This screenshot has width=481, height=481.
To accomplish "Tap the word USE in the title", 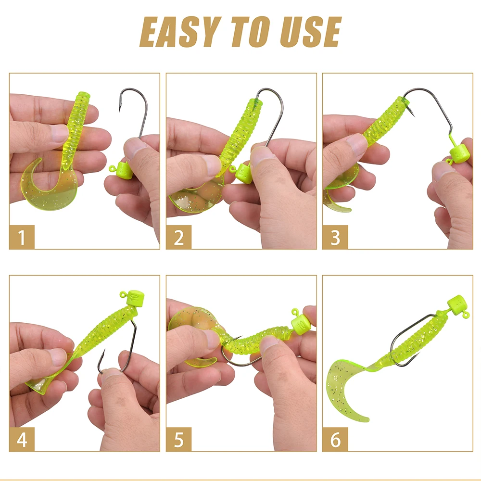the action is click(x=310, y=32).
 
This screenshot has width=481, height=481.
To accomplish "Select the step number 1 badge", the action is click(x=22, y=237).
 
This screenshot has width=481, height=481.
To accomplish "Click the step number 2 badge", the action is click(x=178, y=237).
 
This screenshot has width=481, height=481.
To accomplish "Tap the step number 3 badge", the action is click(x=335, y=237).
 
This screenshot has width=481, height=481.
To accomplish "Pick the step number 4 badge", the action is click(x=22, y=439).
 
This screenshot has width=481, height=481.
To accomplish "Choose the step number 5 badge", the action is click(x=178, y=439).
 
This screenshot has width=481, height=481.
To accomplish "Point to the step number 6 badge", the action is click(x=335, y=439).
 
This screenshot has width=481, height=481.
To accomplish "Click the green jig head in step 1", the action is click(x=123, y=171).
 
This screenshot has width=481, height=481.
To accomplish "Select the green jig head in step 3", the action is click(x=458, y=155).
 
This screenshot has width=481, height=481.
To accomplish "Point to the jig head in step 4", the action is click(x=133, y=297).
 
